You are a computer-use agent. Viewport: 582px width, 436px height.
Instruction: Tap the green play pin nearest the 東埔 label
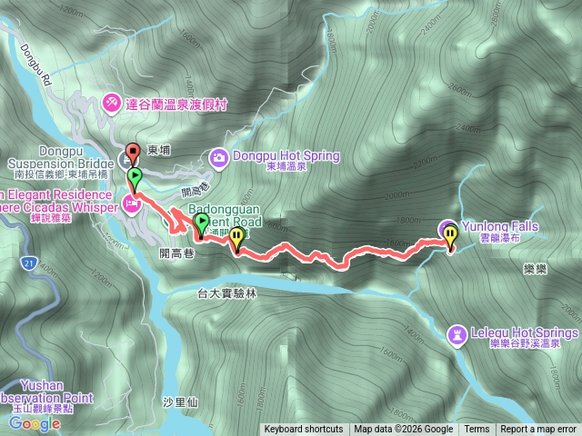click(135, 175)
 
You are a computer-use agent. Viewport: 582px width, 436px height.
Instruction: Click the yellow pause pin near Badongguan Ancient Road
click(236, 238)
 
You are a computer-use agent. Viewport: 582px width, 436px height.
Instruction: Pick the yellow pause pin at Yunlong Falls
click(452, 235)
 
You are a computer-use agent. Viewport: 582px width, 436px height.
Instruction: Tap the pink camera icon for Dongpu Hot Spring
click(218, 157)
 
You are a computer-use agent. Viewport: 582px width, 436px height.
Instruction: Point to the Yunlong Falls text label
click(500, 226)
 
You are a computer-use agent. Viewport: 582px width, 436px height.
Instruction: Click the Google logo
click(35, 422)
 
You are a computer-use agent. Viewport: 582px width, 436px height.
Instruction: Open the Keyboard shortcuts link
click(304, 430)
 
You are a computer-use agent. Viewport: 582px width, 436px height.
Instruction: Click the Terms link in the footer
click(477, 430)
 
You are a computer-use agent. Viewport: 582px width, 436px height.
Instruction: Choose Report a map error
click(538, 430)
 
